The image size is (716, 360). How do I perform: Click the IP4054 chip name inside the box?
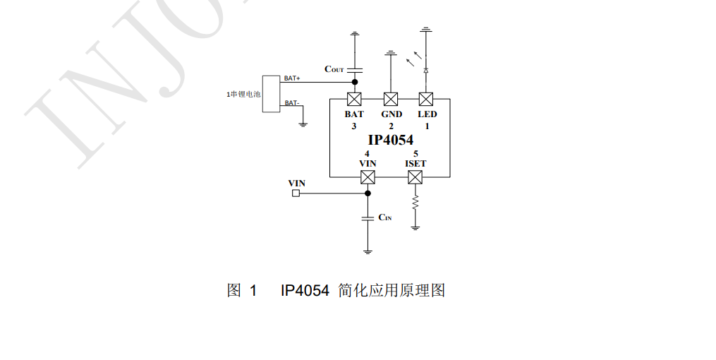390,140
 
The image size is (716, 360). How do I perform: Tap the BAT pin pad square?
354,98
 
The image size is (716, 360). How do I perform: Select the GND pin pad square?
390,98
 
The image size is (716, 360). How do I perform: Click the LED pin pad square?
426,98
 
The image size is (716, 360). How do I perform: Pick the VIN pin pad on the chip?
368,176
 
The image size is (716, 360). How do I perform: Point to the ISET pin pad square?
415,176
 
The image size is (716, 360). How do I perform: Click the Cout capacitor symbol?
354,69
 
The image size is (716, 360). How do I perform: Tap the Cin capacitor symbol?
368,218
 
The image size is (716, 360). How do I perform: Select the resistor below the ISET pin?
415,202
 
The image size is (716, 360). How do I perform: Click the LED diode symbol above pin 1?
426,71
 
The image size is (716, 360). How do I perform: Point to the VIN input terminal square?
296,192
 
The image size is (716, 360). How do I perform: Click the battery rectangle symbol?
271,93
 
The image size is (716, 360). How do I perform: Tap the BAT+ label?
292,78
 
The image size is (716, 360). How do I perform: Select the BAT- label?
291,103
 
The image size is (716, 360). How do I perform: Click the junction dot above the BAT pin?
354,82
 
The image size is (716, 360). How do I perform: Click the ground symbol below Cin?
368,251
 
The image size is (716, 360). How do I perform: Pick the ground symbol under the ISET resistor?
415,227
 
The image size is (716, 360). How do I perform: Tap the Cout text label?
334,69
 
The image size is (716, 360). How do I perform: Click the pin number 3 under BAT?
354,126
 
